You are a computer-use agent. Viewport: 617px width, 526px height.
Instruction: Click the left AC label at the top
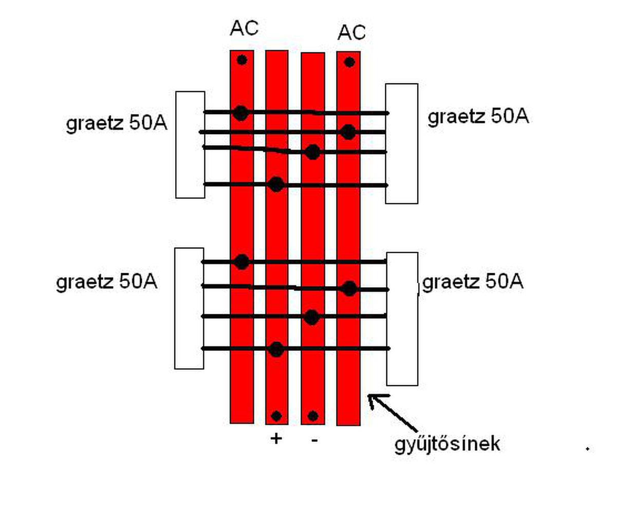tap(244, 29)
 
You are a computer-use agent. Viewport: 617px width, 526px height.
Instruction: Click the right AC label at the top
tap(351, 33)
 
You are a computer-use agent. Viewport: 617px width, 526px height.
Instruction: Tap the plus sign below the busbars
tap(276, 439)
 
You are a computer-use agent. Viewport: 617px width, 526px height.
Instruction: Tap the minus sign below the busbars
tap(314, 440)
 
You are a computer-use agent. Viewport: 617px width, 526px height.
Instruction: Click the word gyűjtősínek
tap(447, 443)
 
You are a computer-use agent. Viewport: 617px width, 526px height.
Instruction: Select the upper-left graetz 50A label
tap(117, 124)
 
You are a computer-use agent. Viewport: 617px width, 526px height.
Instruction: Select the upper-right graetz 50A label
tap(478, 117)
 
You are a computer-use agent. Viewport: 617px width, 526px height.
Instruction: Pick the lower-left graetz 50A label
tap(106, 282)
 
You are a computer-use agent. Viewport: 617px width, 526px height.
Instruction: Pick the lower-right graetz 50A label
tap(473, 281)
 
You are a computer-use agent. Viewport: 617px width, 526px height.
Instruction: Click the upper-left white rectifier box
tap(190, 145)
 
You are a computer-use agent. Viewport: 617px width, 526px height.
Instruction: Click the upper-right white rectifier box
tap(402, 144)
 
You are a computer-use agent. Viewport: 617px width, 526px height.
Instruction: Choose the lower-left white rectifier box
tap(189, 308)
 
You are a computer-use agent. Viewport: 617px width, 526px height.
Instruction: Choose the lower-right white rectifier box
tap(402, 318)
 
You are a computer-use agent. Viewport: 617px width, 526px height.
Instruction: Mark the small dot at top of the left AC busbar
tap(242, 60)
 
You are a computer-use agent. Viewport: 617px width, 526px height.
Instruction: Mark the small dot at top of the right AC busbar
tap(349, 63)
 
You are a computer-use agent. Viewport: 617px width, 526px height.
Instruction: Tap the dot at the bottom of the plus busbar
tap(276, 416)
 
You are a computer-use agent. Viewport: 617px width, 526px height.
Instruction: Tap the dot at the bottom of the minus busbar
tap(313, 416)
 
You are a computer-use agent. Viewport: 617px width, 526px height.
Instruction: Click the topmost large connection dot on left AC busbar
tap(240, 112)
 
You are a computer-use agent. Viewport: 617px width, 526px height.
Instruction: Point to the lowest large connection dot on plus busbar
tap(276, 349)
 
